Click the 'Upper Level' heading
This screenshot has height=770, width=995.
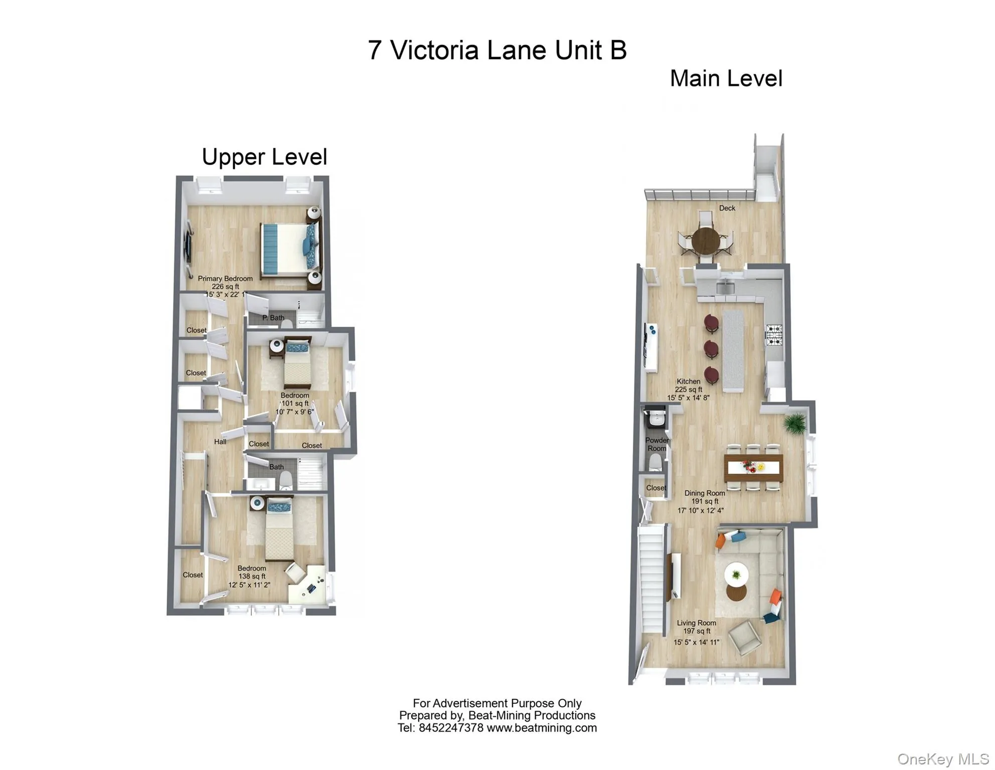(x=264, y=157)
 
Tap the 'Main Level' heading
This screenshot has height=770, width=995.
(x=726, y=79)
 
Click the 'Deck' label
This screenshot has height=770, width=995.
(x=727, y=208)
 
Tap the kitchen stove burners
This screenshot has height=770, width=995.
(x=773, y=335)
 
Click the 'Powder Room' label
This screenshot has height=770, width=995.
(x=656, y=444)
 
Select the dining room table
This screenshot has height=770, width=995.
(x=753, y=468)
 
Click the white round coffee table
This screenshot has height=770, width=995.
(x=736, y=574)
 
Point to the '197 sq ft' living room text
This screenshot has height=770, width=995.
(x=697, y=631)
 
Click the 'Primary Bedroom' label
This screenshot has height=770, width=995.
(x=225, y=279)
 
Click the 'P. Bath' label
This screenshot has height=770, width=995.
(x=273, y=318)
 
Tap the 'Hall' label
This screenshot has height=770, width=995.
(x=220, y=442)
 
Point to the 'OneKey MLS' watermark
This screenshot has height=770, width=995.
(x=943, y=759)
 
